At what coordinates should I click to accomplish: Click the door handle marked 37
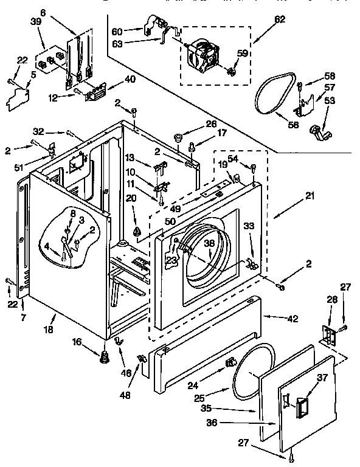300,406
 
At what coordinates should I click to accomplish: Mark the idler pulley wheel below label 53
318,130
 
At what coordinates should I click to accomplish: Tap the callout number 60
117,30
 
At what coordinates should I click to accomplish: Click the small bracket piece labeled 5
19,97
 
